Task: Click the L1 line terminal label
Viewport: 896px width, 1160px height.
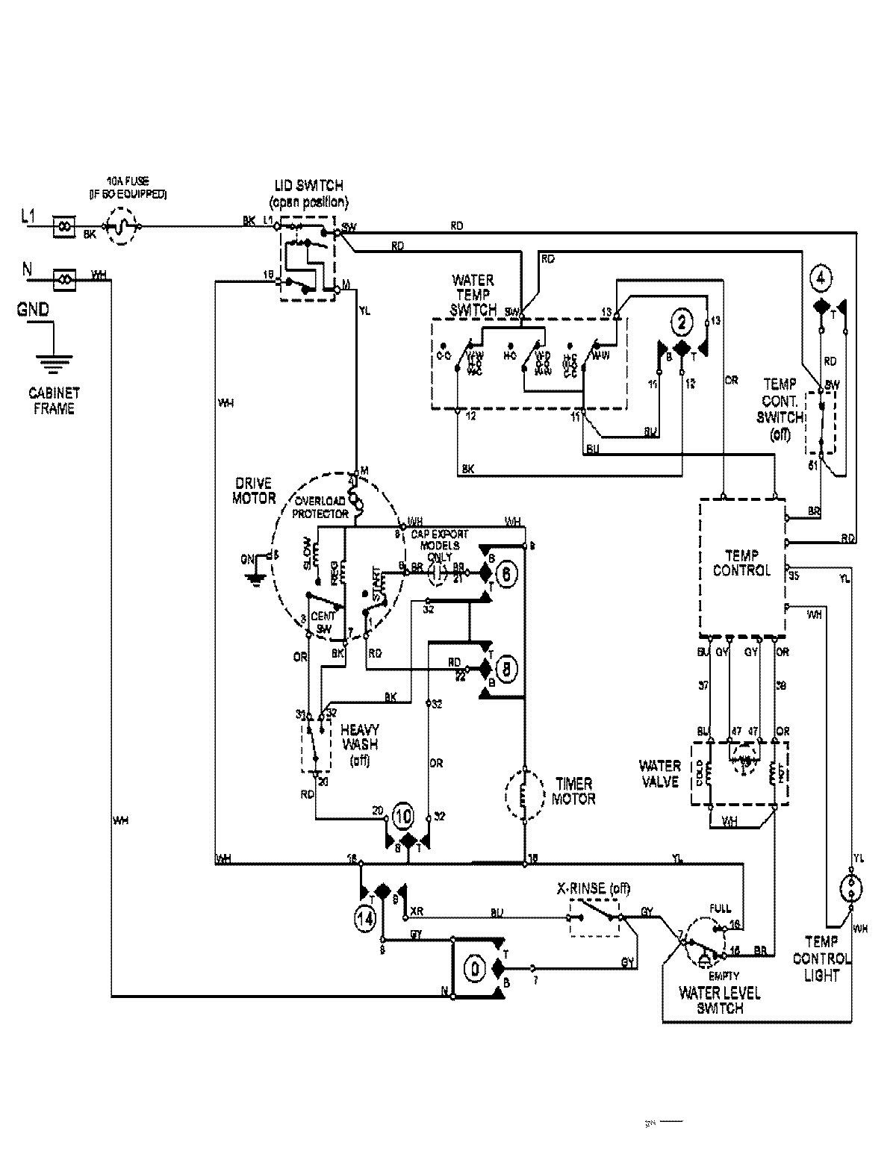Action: tap(28, 217)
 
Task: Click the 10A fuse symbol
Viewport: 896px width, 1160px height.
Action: tap(121, 225)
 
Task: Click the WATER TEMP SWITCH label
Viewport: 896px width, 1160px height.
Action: tap(473, 294)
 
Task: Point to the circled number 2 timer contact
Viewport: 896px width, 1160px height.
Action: tap(681, 322)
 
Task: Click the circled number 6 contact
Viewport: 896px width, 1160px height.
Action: tap(505, 574)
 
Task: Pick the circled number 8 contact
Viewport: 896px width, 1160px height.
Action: tap(505, 670)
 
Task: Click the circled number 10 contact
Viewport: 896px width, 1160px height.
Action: tap(402, 816)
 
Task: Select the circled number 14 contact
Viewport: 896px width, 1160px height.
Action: tap(365, 920)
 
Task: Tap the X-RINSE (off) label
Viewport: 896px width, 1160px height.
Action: tap(594, 889)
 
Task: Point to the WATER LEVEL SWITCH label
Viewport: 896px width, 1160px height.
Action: tap(719, 1000)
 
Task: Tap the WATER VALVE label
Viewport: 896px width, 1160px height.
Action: tap(659, 773)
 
